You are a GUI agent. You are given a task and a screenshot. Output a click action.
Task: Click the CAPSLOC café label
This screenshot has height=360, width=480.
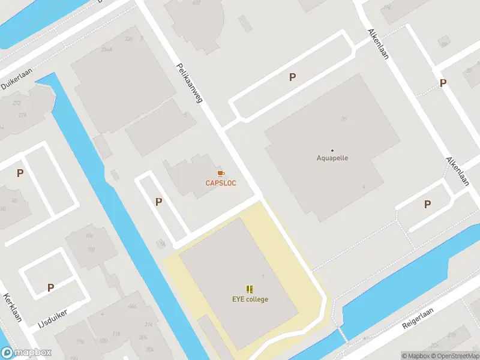pos(221,183)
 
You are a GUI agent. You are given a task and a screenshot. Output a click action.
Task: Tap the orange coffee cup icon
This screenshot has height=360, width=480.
pos(221,173)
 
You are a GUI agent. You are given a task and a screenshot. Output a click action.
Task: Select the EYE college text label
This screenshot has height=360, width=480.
pos(250,299)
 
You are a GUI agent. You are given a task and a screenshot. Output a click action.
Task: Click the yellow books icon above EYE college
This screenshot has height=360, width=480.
pos(250,289)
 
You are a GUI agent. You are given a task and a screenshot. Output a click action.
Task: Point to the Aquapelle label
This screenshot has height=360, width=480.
pos(332,158)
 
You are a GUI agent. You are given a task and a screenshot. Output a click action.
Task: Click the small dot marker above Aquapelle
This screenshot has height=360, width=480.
pos(332,150)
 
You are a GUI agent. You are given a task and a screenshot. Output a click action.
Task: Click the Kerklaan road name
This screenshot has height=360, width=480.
pos(12,307)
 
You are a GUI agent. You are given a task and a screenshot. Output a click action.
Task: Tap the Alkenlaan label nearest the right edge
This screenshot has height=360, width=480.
pos(457,171)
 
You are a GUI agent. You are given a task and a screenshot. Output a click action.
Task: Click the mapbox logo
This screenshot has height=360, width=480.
pos(26,353)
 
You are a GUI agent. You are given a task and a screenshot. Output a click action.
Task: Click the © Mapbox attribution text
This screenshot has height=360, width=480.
pos(416,356)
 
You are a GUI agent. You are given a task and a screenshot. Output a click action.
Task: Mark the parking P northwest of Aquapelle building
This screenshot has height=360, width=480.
pos(293,77)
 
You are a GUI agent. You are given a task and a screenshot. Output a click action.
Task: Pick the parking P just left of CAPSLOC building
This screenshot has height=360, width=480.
pos(158,202)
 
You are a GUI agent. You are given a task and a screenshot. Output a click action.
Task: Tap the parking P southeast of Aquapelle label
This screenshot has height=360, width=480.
pos(427,204)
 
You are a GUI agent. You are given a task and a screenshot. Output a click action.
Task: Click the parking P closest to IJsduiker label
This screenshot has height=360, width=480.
pos(51,287)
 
